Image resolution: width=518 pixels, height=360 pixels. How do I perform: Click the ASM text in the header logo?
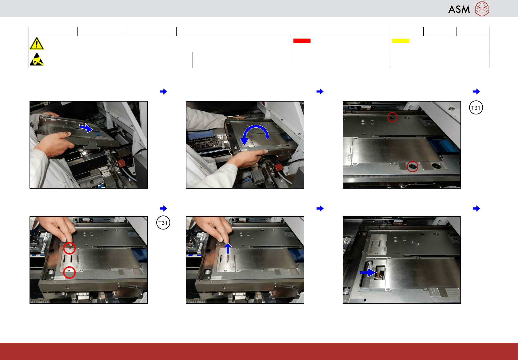pyautogui.click(x=459, y=10)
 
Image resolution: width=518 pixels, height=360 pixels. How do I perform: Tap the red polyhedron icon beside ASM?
pyautogui.click(x=482, y=9)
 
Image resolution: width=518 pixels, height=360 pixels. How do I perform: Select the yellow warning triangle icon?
pyautogui.click(x=37, y=43)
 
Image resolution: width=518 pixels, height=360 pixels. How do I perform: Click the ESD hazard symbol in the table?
pyautogui.click(x=37, y=59)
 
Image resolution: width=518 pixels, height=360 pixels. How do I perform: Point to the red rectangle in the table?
pyautogui.click(x=302, y=41)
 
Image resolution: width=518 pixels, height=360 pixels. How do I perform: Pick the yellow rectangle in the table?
pyautogui.click(x=400, y=41)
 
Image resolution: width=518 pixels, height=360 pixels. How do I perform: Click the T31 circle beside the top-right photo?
pyautogui.click(x=476, y=108)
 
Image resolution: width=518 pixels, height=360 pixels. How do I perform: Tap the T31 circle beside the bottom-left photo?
pyautogui.click(x=163, y=222)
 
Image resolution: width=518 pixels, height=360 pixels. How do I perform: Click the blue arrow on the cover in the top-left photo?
pyautogui.click(x=86, y=127)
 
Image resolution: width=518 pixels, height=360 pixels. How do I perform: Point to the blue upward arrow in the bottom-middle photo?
pyautogui.click(x=228, y=249)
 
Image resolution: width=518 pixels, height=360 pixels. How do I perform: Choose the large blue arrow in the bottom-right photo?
pyautogui.click(x=368, y=273)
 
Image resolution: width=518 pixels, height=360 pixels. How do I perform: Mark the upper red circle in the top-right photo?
pyautogui.click(x=392, y=117)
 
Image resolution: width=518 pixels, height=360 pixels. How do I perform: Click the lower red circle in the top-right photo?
pyautogui.click(x=412, y=166)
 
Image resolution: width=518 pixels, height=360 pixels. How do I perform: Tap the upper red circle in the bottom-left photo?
pyautogui.click(x=70, y=248)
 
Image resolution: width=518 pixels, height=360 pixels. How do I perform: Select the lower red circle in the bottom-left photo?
pyautogui.click(x=70, y=272)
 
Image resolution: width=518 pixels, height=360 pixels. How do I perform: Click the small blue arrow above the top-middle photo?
pyautogui.click(x=320, y=91)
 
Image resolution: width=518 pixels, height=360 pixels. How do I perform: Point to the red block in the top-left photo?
pyautogui.click(x=121, y=163)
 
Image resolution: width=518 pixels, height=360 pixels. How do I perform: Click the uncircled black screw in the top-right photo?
pyautogui.click(x=436, y=166)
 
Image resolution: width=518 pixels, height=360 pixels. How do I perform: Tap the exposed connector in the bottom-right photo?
pyautogui.click(x=380, y=273)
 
